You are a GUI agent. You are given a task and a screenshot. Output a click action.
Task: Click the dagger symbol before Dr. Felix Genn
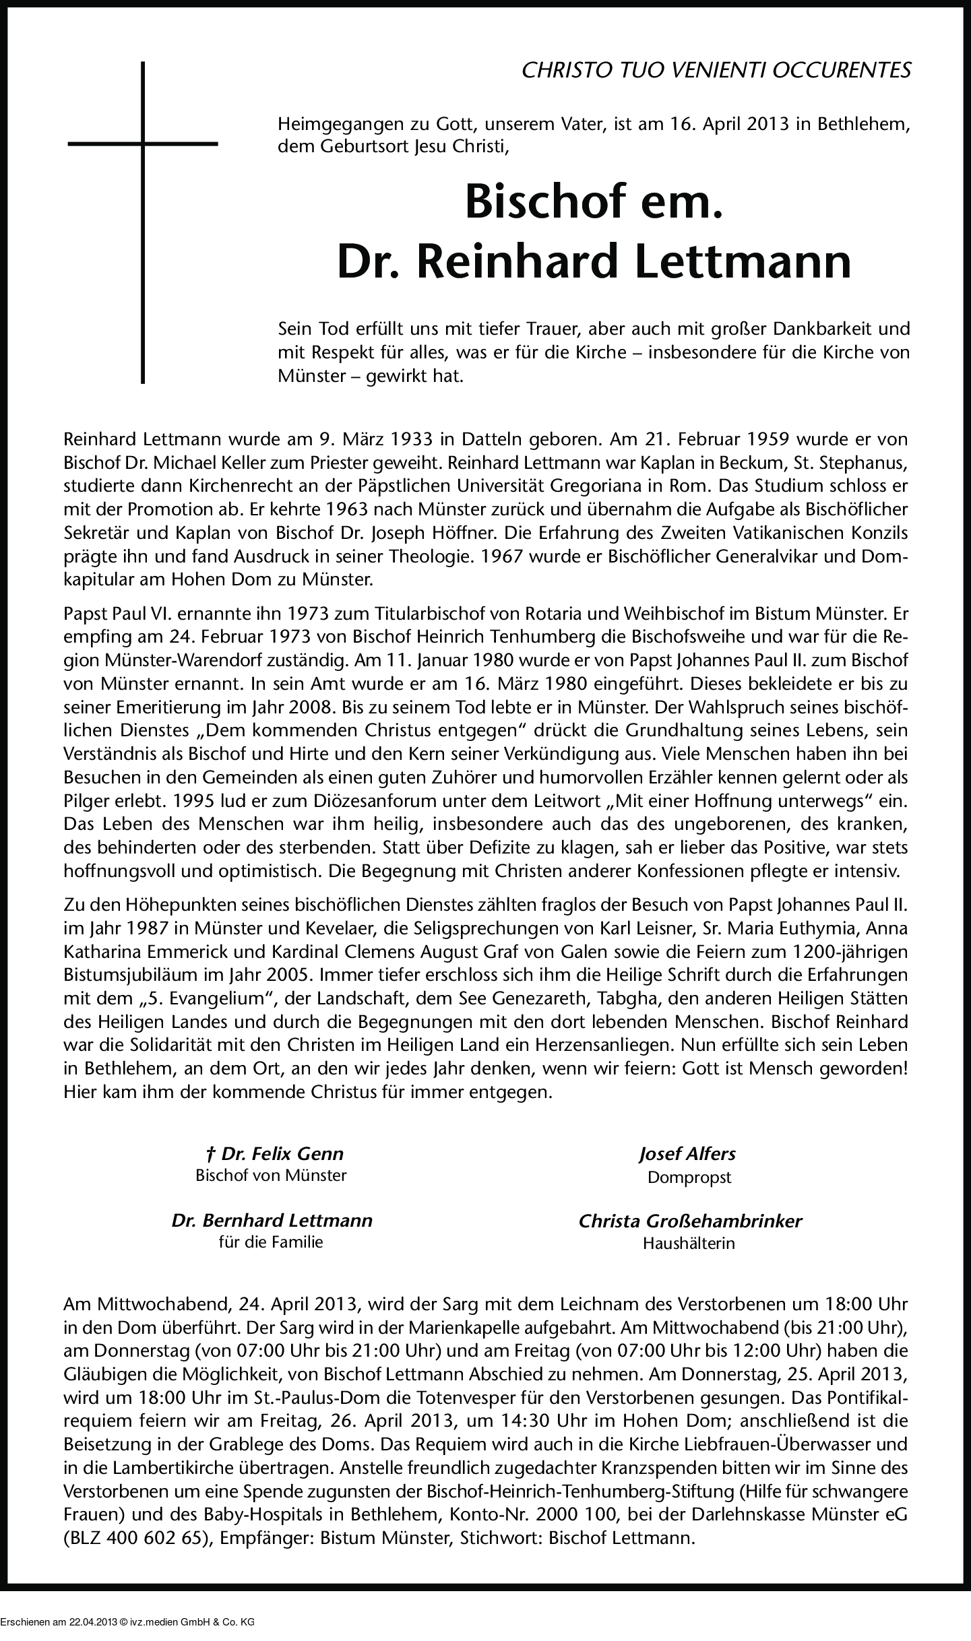coord(210,1154)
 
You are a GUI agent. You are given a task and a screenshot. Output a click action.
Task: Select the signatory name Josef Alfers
coord(687,1154)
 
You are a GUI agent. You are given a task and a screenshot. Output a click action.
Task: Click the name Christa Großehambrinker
coord(690,1221)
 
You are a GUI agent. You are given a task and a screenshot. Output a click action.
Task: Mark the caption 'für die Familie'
coord(271,1242)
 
